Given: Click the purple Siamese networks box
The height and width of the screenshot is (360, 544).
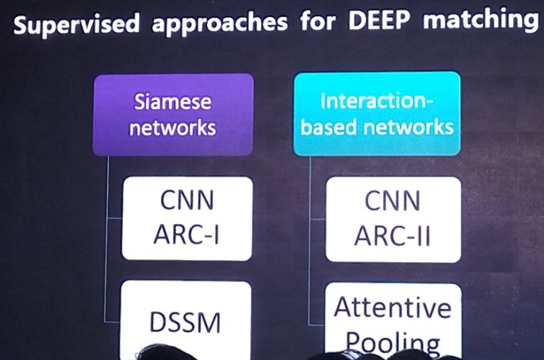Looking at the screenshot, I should coord(174,114).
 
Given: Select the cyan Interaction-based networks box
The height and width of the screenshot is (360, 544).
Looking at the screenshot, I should coord(377,113).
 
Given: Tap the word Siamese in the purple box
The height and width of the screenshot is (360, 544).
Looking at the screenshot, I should coord(174,102).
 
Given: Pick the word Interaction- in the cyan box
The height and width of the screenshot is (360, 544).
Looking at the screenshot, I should coord(377,101).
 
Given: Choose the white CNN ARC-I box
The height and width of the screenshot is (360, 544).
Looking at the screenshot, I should coord(187,218).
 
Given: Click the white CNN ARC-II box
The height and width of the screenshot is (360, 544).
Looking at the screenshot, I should coord(392,218).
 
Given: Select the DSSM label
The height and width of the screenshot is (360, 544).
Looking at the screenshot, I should coord(186,322).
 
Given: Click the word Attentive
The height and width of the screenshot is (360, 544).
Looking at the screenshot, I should coord(392,308).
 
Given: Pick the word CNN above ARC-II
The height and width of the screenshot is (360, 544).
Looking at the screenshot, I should coord(392,202).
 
